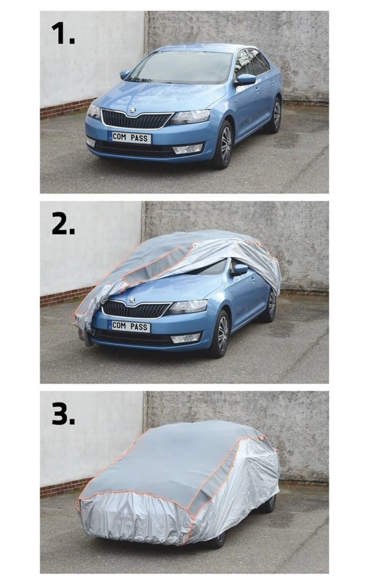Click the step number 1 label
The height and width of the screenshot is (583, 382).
[x=63, y=34]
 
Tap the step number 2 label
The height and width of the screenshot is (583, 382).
[x=63, y=222]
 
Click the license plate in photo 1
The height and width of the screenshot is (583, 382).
[x=129, y=138]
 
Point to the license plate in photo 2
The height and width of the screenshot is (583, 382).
[x=129, y=326]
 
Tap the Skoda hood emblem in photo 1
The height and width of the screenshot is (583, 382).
[x=132, y=110]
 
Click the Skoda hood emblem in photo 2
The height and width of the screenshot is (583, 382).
[x=132, y=300]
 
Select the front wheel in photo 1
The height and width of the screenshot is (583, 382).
[x=224, y=145]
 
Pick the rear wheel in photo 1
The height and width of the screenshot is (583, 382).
[x=276, y=115]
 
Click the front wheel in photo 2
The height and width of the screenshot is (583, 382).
[x=221, y=334]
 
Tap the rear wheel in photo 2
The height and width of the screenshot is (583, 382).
[x=271, y=305]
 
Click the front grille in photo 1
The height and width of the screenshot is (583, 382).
[x=136, y=119]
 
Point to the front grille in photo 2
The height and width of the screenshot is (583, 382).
[x=136, y=309]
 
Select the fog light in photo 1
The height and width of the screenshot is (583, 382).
[x=187, y=148]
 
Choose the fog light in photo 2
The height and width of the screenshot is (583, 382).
[x=185, y=337]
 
